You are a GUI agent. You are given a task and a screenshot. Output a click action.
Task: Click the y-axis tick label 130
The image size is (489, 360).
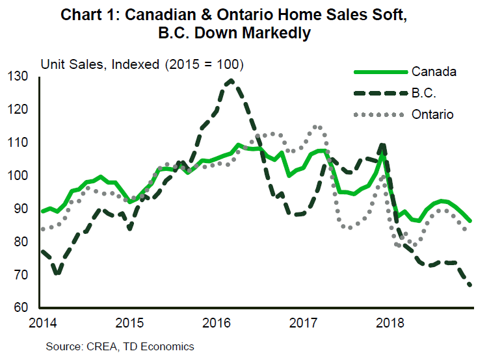tap(21, 77)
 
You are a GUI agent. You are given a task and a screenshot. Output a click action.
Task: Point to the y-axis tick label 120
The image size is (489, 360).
tap(21, 110)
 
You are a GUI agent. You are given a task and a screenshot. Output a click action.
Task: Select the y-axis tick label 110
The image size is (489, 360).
tap(21, 143)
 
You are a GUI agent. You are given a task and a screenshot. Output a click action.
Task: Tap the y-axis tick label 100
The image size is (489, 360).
tap(21, 176)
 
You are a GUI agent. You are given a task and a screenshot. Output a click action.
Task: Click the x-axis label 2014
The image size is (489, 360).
tap(40, 322)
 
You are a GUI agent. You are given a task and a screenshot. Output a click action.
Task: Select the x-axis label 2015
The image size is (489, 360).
tap(129, 322)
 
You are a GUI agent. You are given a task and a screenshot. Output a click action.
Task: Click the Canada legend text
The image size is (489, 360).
tap(434, 71)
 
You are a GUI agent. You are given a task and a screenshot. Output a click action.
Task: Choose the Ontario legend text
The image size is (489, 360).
tap(432, 114)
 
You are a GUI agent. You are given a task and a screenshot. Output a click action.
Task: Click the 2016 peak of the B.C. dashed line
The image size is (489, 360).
tap(231, 81)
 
